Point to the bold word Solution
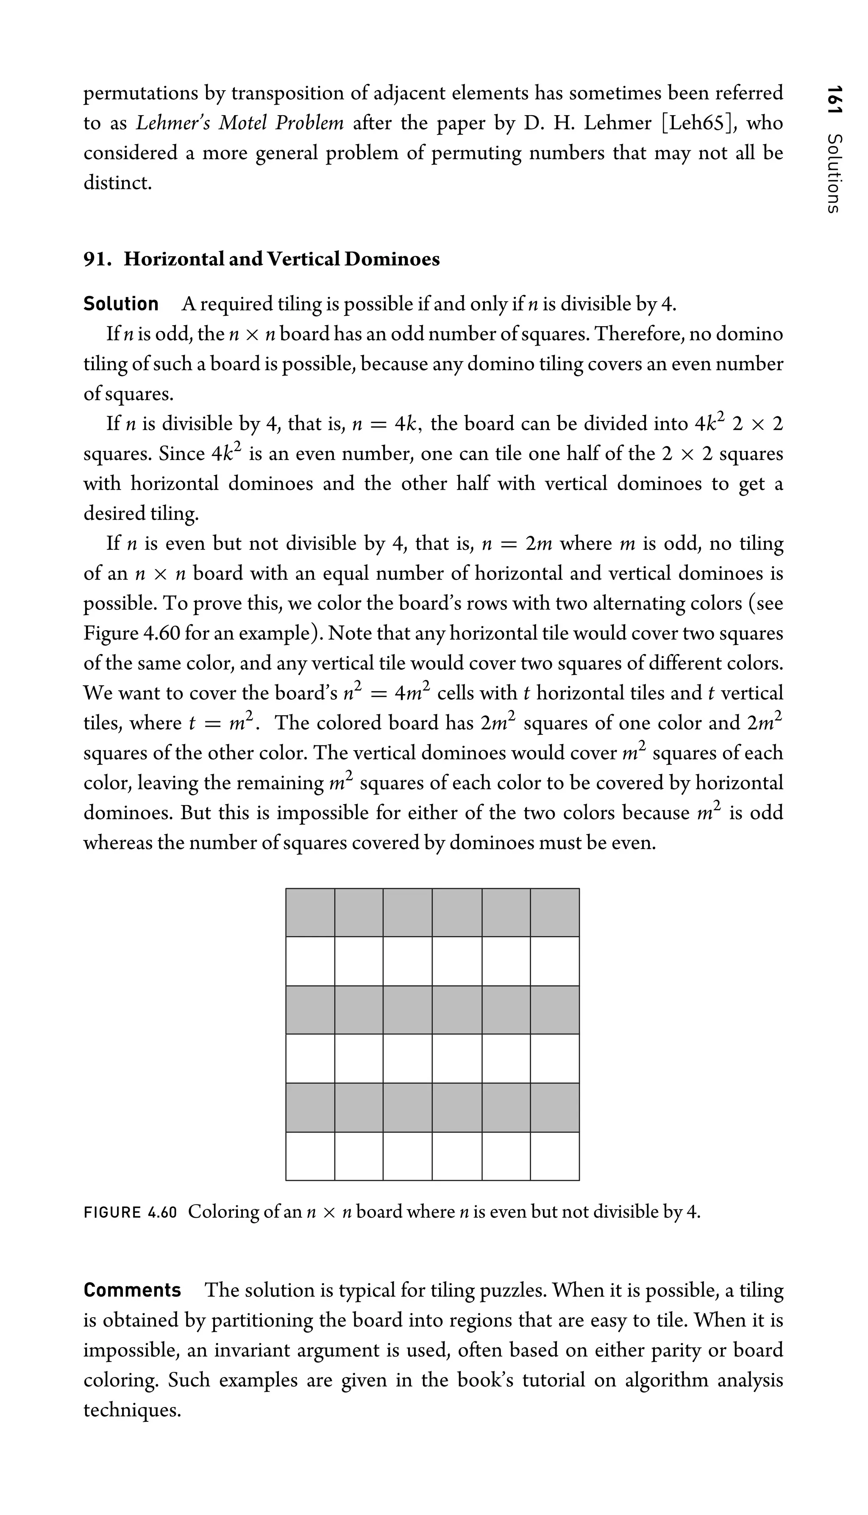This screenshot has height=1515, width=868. tap(121, 304)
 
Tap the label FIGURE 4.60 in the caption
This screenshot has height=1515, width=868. tap(131, 1212)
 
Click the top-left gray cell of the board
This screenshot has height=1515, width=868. tap(310, 913)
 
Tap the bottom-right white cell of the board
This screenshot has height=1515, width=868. tap(554, 1156)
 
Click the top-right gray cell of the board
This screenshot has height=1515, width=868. tap(554, 913)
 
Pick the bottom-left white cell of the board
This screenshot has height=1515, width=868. tap(310, 1156)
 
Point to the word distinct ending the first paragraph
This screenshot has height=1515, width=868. tap(117, 183)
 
